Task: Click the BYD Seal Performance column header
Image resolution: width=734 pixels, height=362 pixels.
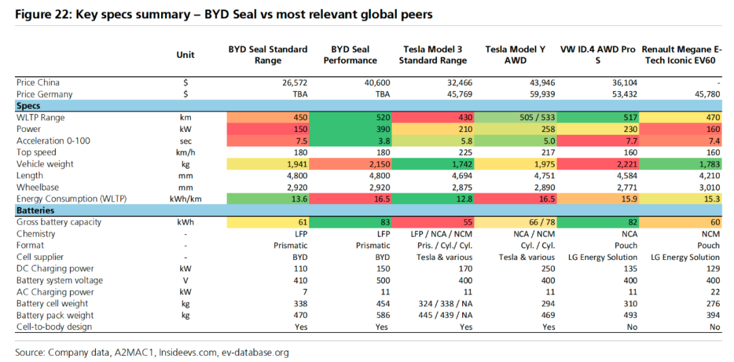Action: click(x=353, y=54)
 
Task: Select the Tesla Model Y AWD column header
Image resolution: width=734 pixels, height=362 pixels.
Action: click(x=515, y=54)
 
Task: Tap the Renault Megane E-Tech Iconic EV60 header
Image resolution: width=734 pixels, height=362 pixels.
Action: click(x=682, y=54)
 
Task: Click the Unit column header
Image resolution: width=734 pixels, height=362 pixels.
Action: click(x=185, y=55)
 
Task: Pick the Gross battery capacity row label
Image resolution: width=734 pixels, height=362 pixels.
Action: click(x=60, y=223)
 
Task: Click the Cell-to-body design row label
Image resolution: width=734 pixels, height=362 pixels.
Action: click(x=55, y=327)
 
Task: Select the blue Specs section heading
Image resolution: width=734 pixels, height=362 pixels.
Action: click(x=28, y=106)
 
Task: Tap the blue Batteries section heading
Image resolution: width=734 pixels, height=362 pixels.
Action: click(x=35, y=211)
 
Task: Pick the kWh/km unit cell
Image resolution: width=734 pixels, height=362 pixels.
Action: click(x=185, y=199)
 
